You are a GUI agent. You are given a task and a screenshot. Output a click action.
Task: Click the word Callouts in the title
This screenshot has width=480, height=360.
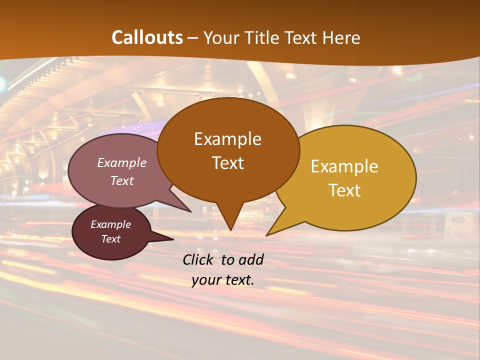[147, 37]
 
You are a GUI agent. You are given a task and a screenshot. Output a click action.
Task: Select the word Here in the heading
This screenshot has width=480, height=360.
[342, 37]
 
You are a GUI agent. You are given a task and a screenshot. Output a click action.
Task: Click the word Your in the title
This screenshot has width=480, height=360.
[221, 37]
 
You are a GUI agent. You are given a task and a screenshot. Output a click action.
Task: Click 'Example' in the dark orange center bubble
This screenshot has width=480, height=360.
[227, 139]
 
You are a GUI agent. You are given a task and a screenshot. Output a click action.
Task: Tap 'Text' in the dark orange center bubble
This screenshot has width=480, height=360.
[227, 163]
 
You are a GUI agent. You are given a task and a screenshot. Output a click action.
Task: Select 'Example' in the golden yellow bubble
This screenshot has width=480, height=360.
[344, 166]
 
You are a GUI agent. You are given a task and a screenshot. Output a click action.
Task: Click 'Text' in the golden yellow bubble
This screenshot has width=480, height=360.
[344, 190]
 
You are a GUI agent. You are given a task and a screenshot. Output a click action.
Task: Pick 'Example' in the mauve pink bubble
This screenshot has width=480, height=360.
[121, 162]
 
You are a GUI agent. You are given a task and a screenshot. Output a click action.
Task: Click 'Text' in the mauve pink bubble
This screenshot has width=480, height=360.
[121, 180]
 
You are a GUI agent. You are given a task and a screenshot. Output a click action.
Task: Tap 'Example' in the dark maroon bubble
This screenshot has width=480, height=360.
[110, 224]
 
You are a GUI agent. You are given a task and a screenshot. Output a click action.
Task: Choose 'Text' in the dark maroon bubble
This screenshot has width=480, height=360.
[110, 239]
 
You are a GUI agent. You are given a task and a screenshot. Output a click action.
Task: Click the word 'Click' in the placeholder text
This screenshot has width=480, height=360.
[198, 259]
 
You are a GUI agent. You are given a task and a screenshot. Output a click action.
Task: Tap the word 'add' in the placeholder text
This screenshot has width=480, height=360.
[250, 259]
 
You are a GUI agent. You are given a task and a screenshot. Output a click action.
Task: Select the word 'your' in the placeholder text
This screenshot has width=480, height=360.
[205, 280]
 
